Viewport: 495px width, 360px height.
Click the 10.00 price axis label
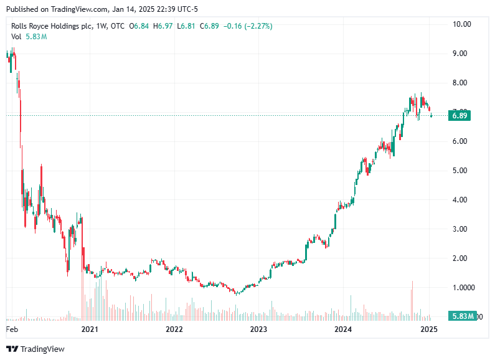461,24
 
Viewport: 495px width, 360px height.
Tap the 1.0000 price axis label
463,288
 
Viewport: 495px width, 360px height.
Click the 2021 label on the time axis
90,329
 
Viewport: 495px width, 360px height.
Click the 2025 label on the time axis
428,329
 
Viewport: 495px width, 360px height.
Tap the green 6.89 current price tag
460,115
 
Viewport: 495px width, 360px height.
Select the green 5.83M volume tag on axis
463,316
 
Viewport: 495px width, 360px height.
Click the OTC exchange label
117,26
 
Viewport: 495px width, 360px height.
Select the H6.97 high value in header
164,26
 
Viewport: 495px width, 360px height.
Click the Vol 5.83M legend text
29,37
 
